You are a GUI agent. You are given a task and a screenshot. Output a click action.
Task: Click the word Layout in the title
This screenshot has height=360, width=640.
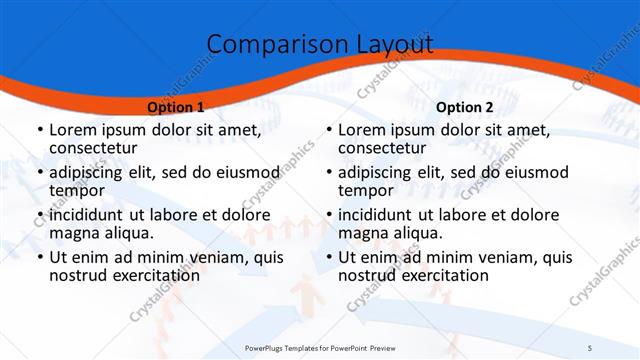[387, 43]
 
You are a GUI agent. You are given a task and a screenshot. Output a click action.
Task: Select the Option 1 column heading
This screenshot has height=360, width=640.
[175, 106]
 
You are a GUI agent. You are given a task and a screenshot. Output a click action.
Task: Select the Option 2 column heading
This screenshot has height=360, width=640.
[465, 106]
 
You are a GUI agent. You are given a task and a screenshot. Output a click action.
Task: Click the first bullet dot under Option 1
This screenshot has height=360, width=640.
[38, 131]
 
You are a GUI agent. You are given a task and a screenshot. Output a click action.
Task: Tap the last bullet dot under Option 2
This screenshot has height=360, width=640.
[328, 257]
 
